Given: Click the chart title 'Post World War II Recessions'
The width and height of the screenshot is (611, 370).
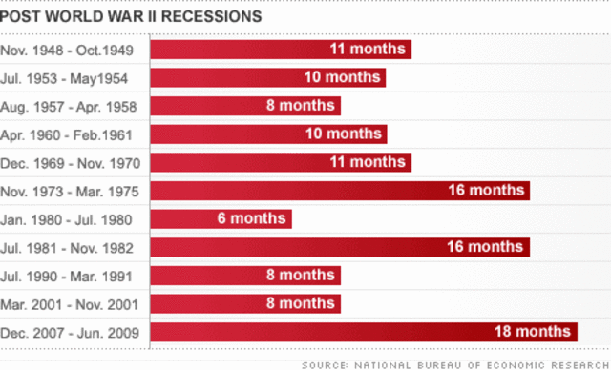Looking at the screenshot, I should click(x=132, y=16).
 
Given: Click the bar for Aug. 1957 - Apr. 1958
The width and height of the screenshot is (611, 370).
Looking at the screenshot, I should click(x=245, y=106).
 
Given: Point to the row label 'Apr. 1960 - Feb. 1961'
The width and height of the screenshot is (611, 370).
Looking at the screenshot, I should click(x=68, y=134).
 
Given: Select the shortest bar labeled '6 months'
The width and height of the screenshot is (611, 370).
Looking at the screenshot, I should click(x=221, y=219).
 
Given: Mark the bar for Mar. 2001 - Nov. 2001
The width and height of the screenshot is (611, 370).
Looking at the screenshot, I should click(x=245, y=303).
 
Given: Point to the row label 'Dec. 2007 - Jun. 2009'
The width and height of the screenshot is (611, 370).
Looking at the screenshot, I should click(x=71, y=332).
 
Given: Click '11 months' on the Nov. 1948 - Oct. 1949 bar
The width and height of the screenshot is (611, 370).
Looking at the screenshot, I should click(x=366, y=50).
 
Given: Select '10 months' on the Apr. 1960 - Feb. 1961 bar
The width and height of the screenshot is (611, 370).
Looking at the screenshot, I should click(x=342, y=134).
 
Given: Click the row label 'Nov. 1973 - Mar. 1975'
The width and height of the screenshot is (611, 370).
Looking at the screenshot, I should click(x=70, y=191).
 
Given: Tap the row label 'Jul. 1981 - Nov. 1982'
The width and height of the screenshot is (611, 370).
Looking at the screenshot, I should click(x=68, y=247).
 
